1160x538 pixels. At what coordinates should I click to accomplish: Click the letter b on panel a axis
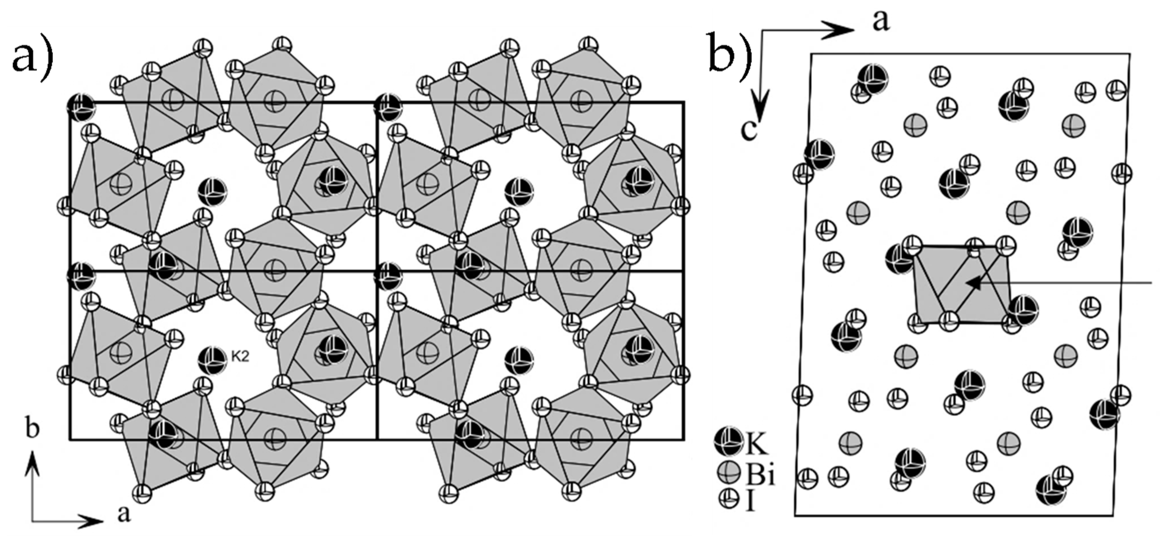point(32,430)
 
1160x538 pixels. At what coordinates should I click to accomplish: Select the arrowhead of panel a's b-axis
point(32,459)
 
